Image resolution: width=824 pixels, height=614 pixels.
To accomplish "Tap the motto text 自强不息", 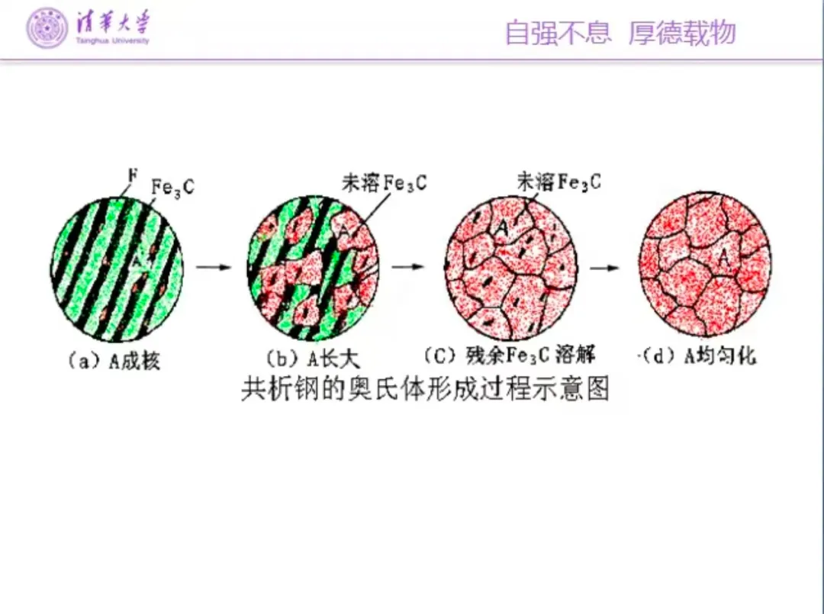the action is click(558, 33).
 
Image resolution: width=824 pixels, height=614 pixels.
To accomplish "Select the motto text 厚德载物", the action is click(682, 33).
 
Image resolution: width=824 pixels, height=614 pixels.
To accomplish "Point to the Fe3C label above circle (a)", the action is click(172, 186).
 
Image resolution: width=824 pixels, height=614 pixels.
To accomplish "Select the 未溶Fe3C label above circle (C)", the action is click(558, 182).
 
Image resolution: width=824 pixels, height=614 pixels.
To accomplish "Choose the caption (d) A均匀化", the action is click(697, 356).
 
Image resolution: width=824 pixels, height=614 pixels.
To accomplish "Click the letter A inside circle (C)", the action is click(501, 226).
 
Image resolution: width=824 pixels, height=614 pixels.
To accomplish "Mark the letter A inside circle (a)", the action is click(136, 261).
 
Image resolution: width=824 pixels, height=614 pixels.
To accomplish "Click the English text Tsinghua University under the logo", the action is click(112, 40).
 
